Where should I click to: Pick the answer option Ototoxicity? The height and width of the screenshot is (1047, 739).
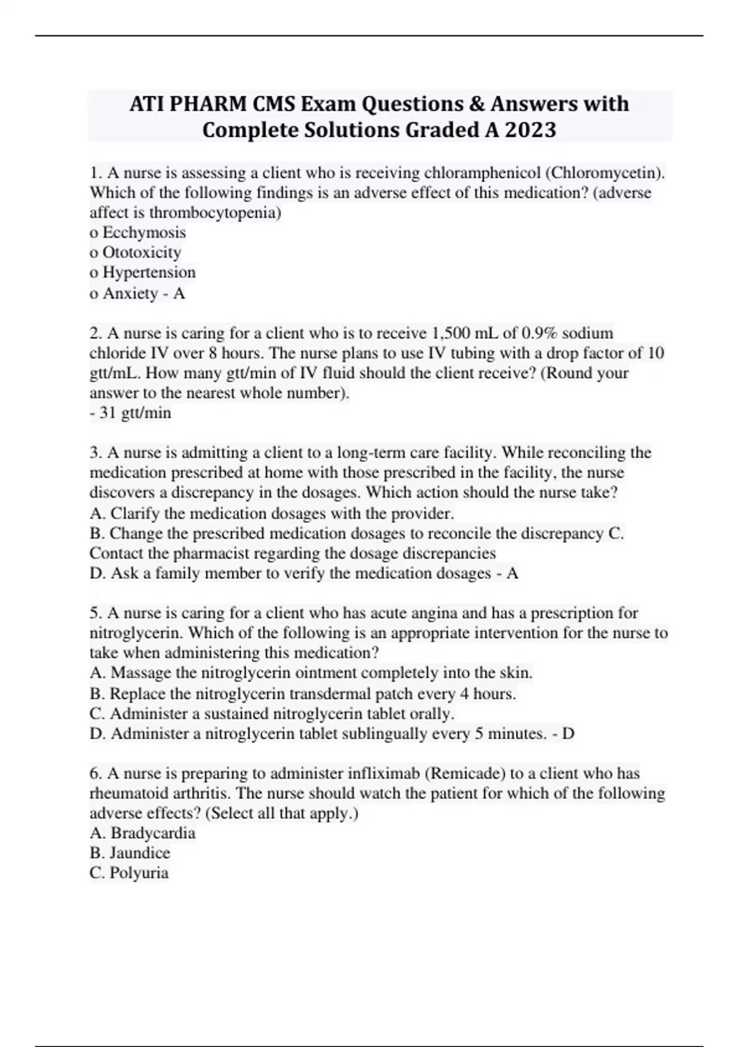coord(142,253)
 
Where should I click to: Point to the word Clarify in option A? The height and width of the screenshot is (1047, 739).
coord(135,513)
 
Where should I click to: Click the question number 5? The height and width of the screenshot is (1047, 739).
coord(95,613)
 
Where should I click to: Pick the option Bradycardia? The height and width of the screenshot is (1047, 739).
coord(153,833)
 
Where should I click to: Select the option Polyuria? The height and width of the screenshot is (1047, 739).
coord(139,873)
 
